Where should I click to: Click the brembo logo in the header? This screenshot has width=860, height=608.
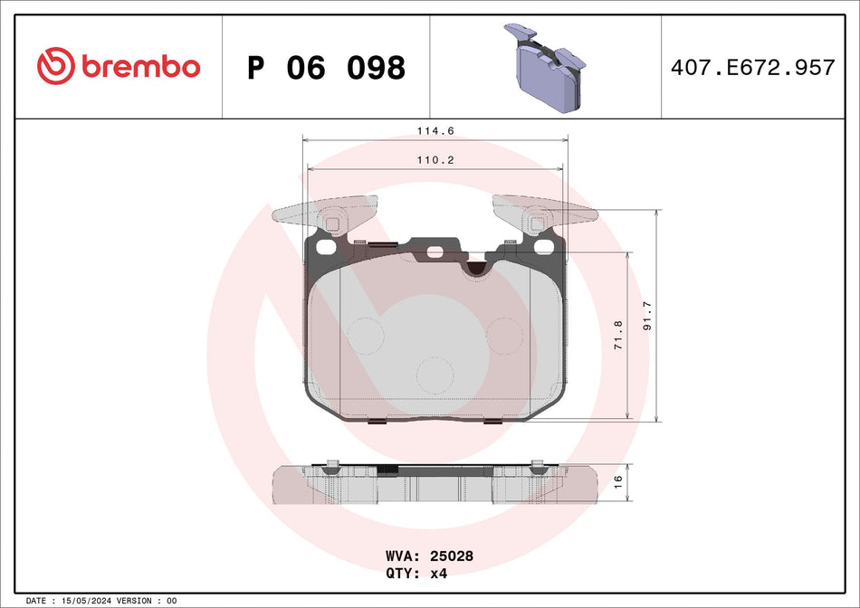tap(119, 66)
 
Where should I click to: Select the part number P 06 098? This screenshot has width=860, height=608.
tap(326, 67)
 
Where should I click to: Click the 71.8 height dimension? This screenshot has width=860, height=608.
tap(618, 336)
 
